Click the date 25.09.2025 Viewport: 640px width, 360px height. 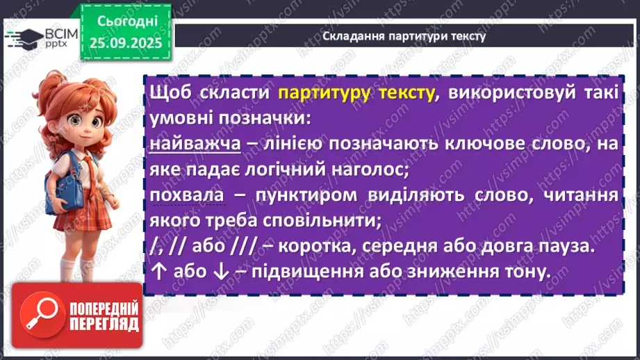124,42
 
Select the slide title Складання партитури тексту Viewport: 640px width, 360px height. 404,35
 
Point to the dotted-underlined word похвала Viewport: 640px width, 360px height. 186,196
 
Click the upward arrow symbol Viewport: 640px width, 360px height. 157,272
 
